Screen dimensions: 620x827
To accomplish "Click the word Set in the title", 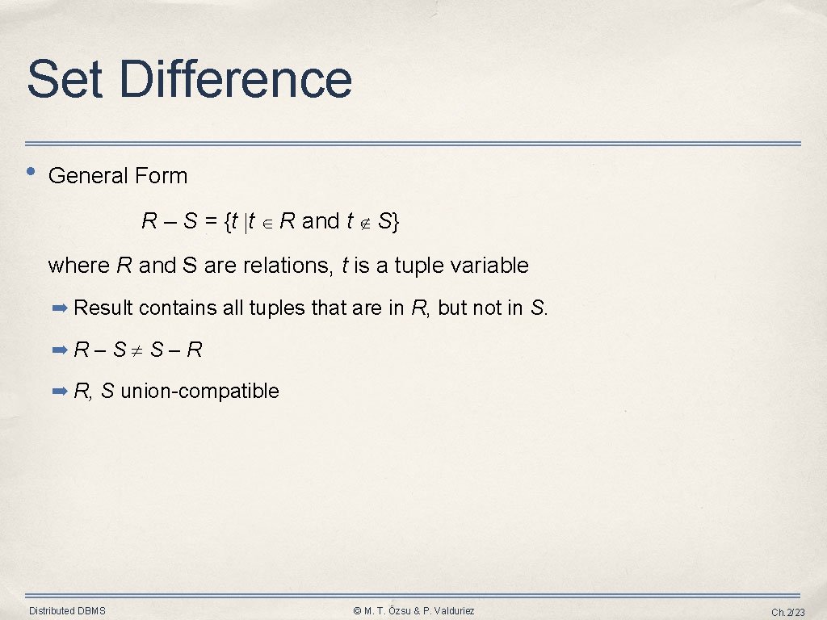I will (x=66, y=79).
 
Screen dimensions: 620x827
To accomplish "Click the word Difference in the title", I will (x=236, y=79).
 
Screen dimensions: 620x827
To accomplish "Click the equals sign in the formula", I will (x=211, y=221).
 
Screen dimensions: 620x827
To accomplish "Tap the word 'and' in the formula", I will (x=320, y=221).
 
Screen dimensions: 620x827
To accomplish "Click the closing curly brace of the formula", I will (x=395, y=222).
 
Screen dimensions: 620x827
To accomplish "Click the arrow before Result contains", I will (x=60, y=308).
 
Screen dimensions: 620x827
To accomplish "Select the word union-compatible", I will (x=199, y=392).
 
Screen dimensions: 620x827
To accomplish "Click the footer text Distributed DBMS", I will (x=67, y=610).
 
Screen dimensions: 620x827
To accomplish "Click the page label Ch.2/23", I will (x=788, y=612).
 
